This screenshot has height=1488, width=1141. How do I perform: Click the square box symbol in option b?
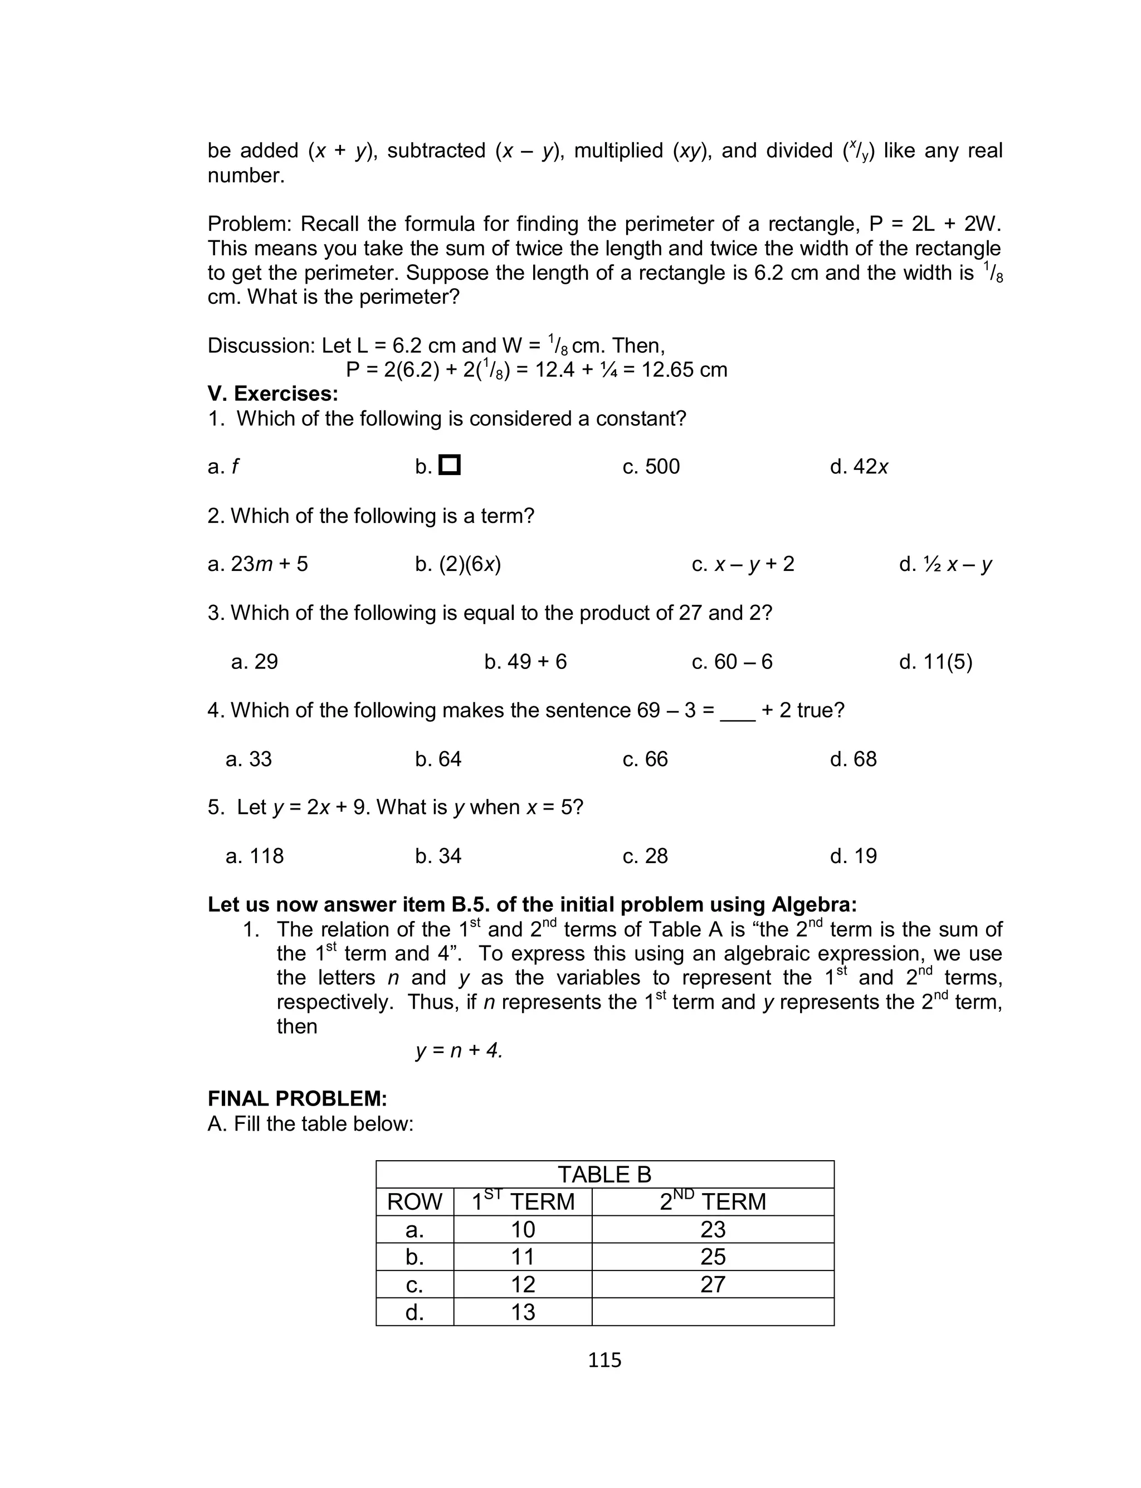[450, 466]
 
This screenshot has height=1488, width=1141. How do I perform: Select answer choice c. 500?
[651, 467]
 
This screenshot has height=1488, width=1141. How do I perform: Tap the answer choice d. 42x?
[859, 467]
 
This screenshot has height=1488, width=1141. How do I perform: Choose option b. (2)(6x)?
[458, 564]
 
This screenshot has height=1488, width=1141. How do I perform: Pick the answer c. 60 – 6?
[732, 662]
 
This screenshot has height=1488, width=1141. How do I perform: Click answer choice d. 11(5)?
[935, 662]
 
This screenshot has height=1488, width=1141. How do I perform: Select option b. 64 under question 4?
[438, 759]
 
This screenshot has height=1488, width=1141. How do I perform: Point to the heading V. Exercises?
[273, 394]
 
